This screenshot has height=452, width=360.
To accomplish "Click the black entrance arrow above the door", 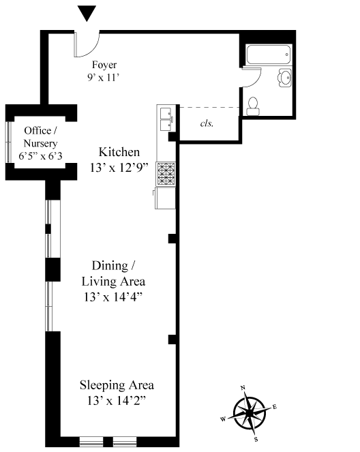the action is tap(87, 13).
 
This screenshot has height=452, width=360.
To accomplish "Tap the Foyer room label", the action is tap(104, 65).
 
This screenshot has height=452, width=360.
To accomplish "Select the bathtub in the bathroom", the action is tap(269, 55).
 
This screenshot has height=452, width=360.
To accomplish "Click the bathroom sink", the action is tap(284, 78).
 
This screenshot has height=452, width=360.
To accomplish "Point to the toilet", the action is tap(253, 106).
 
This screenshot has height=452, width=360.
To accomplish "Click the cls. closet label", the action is tap(207, 123).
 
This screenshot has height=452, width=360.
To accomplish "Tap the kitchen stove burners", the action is tap(166, 174).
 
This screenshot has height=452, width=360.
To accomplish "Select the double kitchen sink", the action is tap(166, 119).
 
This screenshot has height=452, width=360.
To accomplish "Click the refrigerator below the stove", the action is tap(165, 198).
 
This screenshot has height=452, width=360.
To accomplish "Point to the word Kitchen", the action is tap(119, 152).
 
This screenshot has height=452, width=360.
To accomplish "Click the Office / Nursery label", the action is tap(40, 137).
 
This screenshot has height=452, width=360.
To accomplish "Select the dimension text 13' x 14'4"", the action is tap(113, 297).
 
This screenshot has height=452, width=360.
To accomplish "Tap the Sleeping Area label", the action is tap(117, 385).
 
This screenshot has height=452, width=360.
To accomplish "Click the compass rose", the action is tap(250, 412).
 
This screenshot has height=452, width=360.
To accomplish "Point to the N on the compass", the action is tap(243, 388).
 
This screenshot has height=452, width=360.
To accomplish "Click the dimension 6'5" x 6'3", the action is tap(40, 156).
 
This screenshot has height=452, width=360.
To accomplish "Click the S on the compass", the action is tap(256, 439).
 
